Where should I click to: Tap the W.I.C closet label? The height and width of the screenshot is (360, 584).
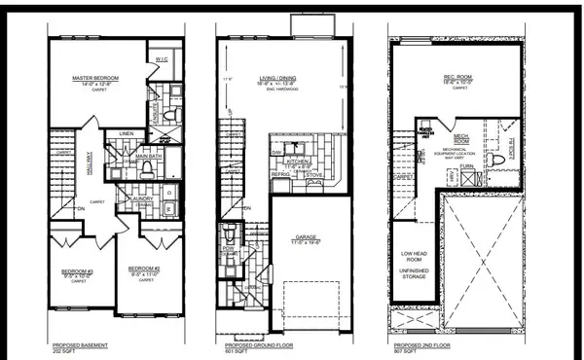point(162,60)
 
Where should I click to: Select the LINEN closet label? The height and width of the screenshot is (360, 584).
point(127,133)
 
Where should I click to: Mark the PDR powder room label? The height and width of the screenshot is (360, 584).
point(228,247)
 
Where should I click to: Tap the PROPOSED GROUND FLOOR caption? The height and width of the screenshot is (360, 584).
point(256,345)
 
